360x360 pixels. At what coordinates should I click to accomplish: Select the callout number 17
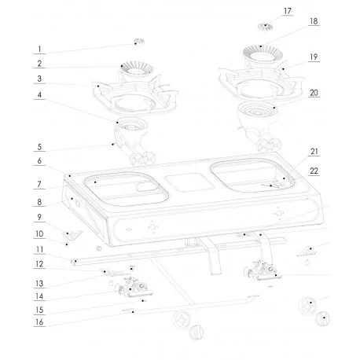tap(265, 11)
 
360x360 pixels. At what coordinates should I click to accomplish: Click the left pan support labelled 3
tap(131, 93)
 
